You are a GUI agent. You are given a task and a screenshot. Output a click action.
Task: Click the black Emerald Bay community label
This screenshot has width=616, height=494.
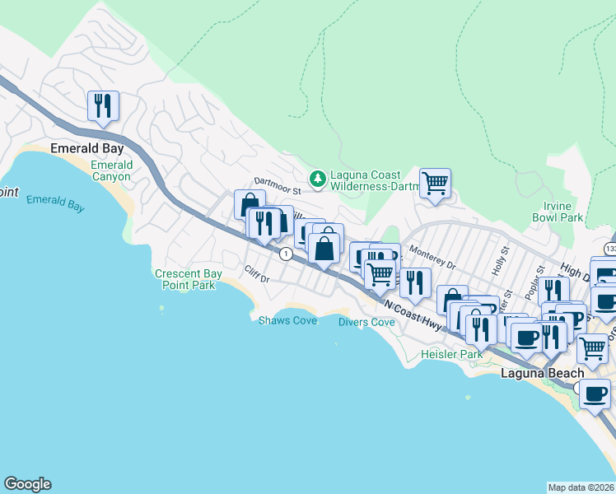[x=86, y=149]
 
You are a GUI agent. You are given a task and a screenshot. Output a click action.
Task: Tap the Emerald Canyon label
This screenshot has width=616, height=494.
[x=110, y=170]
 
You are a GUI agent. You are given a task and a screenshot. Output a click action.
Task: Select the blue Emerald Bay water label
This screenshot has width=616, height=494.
[x=55, y=203]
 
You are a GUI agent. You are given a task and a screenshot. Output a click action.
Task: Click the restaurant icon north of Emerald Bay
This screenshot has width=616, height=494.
[x=103, y=105]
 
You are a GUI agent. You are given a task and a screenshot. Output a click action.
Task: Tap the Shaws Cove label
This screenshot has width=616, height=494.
[x=287, y=320]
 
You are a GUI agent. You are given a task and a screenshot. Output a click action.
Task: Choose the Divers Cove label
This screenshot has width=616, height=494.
[x=366, y=322]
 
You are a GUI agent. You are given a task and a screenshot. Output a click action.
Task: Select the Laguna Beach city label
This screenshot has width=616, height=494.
[x=543, y=373]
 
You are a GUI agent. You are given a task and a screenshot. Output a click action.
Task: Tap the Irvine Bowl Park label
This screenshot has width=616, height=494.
[x=552, y=212]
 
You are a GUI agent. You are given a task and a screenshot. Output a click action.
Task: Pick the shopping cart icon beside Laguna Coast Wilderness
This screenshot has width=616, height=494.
[x=435, y=183]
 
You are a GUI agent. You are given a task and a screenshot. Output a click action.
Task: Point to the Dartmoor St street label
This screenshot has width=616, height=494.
[x=278, y=185]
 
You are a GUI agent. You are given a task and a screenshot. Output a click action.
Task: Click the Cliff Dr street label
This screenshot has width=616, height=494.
[x=258, y=273]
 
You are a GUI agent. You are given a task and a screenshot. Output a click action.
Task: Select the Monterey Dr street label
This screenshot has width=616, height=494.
[x=432, y=259]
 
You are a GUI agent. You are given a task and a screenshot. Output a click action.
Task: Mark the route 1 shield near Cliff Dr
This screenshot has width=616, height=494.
[x=285, y=254]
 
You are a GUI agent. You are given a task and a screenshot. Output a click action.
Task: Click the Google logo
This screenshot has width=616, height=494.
[x=27, y=484]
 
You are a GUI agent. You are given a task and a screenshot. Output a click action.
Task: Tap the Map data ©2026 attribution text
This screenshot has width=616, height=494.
[x=581, y=487]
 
